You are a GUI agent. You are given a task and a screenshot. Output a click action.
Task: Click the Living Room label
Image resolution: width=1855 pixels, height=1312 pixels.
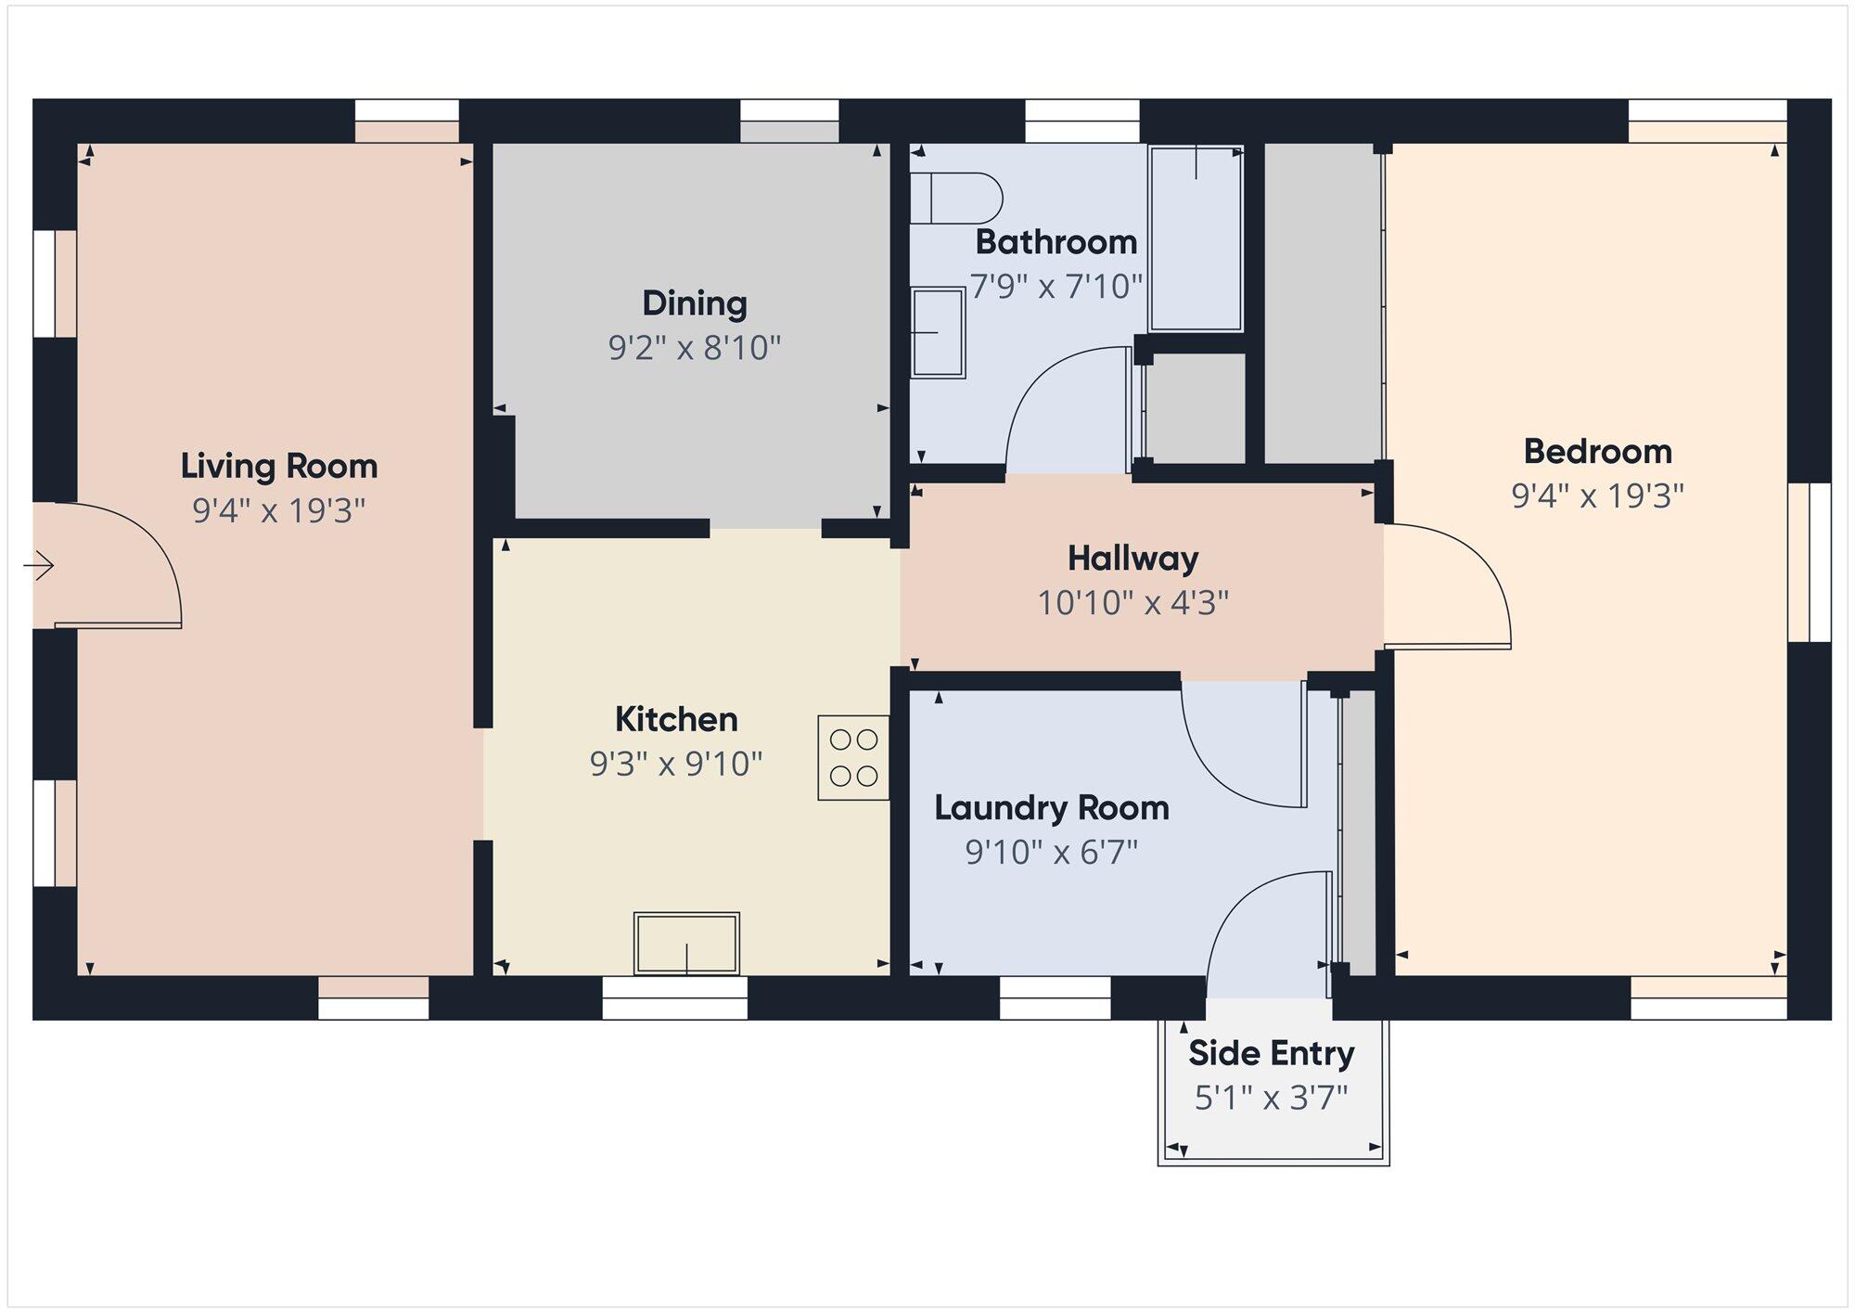(x=279, y=466)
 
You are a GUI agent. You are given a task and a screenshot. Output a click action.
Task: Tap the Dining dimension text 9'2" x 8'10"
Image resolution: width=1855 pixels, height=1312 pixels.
(x=695, y=348)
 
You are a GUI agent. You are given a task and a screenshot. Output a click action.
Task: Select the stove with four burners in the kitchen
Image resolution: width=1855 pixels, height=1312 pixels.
(x=853, y=757)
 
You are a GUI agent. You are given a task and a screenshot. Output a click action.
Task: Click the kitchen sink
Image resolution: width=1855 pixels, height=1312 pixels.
(x=686, y=944)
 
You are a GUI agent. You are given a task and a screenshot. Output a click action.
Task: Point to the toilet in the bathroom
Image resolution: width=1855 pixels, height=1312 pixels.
(x=955, y=199)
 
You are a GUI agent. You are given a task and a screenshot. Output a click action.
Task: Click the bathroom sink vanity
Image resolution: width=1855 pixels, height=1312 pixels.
(x=939, y=332)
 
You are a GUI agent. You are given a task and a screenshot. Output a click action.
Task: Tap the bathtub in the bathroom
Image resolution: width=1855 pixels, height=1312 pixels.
(x=1196, y=238)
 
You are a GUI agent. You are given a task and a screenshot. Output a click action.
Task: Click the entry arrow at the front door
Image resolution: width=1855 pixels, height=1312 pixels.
(x=39, y=565)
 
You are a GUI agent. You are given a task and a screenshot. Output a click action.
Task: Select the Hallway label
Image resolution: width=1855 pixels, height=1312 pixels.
(x=1132, y=559)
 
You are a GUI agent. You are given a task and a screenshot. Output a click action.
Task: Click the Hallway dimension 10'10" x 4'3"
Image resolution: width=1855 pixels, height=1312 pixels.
(x=1132, y=603)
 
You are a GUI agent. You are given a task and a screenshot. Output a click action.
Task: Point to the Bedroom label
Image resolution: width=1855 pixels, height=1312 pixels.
(x=1597, y=452)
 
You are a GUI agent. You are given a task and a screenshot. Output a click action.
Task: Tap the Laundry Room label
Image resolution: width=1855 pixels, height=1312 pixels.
(x=1051, y=808)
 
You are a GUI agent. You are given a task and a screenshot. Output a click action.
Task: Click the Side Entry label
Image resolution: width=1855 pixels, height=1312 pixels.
(x=1271, y=1054)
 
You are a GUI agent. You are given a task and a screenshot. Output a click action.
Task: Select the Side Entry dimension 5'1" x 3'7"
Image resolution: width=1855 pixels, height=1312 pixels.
(x=1271, y=1099)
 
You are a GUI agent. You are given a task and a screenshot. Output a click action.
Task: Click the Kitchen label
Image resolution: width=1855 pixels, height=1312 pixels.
(x=676, y=719)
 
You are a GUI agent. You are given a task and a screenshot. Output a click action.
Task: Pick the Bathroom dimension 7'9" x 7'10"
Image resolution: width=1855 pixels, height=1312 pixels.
(x=1055, y=286)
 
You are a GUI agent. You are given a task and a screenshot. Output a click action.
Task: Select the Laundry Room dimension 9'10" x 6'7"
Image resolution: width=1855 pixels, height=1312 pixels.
(x=1051, y=852)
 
